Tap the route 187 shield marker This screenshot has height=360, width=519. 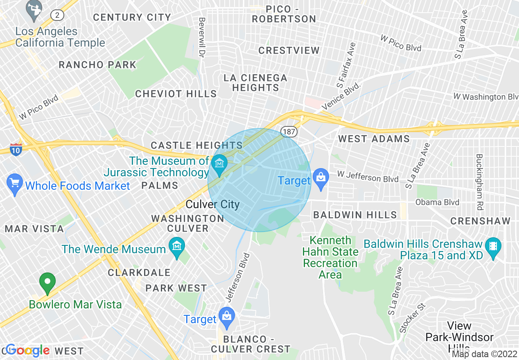pyautogui.click(x=289, y=131)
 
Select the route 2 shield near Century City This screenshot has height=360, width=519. pyautogui.click(x=57, y=16)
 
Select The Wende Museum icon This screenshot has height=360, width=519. pyautogui.click(x=177, y=247)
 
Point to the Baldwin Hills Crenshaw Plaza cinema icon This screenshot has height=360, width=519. pyautogui.click(x=493, y=247)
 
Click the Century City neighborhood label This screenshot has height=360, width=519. pyautogui.click(x=132, y=17)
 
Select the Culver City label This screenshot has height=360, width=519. pyautogui.click(x=212, y=204)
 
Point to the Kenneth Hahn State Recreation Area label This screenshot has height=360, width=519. pyautogui.click(x=330, y=257)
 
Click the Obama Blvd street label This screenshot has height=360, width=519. pyautogui.click(x=437, y=202)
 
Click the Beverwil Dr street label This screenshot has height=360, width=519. pyautogui.click(x=201, y=37)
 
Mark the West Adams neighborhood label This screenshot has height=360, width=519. pyautogui.click(x=374, y=139)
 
